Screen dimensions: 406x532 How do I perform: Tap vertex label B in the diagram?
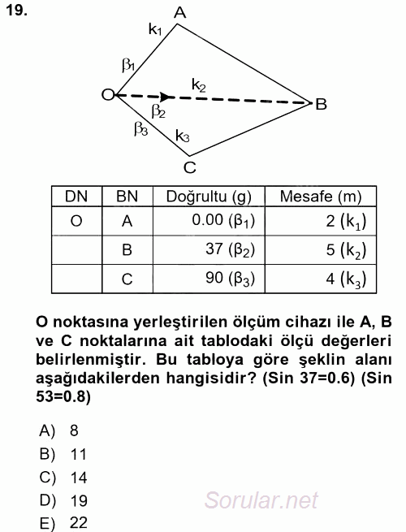tap(322, 104)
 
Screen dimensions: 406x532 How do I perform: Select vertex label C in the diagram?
tap(189, 168)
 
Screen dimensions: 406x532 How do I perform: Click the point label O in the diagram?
tap(106, 95)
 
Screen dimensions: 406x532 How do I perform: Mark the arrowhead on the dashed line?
tap(165, 97)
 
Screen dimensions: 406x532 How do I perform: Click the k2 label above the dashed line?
tap(199, 84)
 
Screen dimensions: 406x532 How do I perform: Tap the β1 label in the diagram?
tap(128, 65)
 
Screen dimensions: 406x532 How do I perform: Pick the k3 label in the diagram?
tap(183, 136)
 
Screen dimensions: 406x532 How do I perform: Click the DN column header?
tap(76, 196)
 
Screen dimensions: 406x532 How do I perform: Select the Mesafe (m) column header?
tap(320, 196)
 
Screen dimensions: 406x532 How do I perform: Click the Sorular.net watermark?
tap(261, 500)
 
